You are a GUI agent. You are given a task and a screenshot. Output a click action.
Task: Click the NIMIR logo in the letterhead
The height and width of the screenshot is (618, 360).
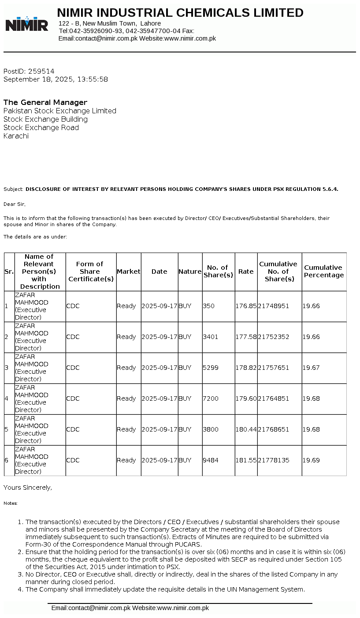click(26, 24)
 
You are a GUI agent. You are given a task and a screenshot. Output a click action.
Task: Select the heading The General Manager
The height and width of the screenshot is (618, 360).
click(45, 102)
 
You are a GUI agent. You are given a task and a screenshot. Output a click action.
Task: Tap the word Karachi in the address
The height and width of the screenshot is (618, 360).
click(16, 136)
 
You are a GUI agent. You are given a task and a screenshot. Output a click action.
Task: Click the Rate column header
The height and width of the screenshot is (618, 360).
click(246, 272)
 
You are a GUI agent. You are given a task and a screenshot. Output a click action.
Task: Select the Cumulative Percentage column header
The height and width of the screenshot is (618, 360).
click(324, 272)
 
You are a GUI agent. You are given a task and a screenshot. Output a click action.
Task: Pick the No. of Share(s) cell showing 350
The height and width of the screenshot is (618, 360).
click(208, 306)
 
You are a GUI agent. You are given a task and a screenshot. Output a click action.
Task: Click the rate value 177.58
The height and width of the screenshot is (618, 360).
click(246, 337)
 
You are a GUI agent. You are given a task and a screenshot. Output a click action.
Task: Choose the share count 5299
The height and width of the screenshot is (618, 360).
click(211, 368)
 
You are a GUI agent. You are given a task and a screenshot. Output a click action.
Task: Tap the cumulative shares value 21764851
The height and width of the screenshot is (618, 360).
click(274, 398)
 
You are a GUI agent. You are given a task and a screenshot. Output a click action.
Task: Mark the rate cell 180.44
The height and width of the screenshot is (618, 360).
click(246, 429)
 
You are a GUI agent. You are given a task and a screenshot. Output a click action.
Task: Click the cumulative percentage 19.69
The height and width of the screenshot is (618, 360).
click(311, 460)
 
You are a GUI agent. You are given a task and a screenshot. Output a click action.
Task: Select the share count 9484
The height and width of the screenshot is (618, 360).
click(211, 460)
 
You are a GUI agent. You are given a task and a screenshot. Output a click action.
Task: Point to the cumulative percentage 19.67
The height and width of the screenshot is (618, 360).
click(311, 368)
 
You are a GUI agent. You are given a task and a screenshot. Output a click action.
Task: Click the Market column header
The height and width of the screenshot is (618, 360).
click(129, 272)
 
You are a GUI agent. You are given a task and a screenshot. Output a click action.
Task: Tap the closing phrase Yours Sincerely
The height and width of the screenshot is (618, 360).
click(28, 488)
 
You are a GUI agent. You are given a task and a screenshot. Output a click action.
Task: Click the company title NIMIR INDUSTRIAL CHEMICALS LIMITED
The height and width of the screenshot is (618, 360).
click(180, 13)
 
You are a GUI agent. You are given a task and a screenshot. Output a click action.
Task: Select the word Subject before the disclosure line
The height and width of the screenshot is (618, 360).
click(13, 189)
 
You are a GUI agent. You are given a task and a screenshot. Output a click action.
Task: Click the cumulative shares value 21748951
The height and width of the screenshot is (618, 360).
click(274, 306)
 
